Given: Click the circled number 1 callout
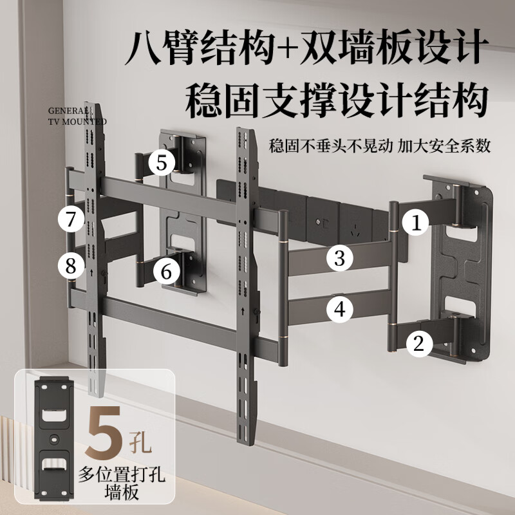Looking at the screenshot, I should tap(417, 223).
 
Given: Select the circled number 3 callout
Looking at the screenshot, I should tap(340, 259).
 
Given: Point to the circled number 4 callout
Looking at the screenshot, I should tap(340, 310).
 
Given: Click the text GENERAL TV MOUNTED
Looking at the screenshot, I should tap(77, 115).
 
